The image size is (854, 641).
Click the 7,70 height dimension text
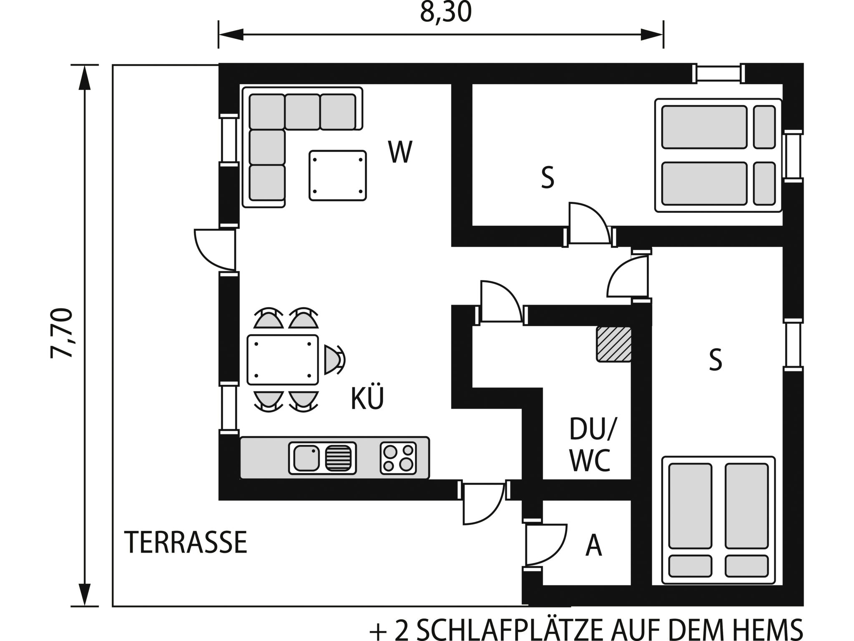point(62,333)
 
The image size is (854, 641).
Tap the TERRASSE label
point(186,543)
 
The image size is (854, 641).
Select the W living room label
point(400,152)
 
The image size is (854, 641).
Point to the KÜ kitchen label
point(367,399)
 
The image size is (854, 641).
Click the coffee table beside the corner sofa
point(337,175)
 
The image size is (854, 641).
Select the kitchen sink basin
point(306,458)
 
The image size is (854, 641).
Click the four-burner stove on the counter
point(398,458)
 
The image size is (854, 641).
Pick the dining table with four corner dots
point(283,359)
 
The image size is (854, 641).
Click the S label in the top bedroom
point(547,177)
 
